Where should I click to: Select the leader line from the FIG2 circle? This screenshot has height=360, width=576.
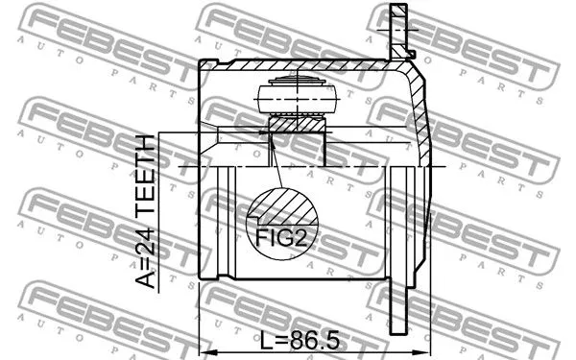[276, 163]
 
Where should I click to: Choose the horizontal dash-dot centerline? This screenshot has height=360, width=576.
[307, 167]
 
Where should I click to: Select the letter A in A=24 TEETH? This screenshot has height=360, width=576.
[144, 279]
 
